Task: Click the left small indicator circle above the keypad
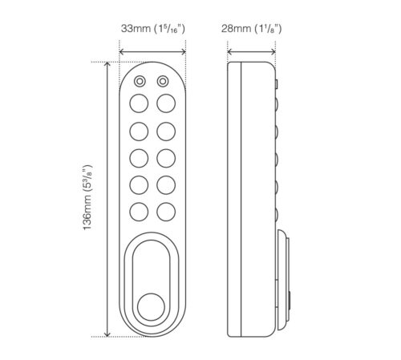pyautogui.click(x=140, y=82)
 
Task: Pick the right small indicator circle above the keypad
pyautogui.click(x=163, y=82)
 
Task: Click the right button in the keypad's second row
pyautogui.click(x=165, y=130)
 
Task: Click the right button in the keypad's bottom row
pyautogui.click(x=165, y=212)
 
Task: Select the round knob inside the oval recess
pyautogui.click(x=152, y=307)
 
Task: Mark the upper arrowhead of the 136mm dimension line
pyautogui.click(x=107, y=66)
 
